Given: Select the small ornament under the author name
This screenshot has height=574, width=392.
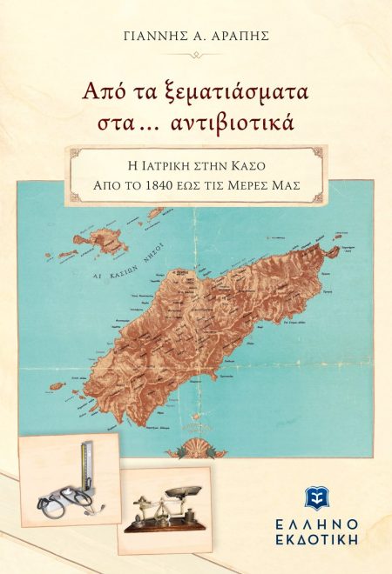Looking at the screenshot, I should tap(196, 54).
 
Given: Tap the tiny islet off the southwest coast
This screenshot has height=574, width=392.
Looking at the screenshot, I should tap(57, 385).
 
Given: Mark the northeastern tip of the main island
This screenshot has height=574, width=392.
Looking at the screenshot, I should tap(332, 251).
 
